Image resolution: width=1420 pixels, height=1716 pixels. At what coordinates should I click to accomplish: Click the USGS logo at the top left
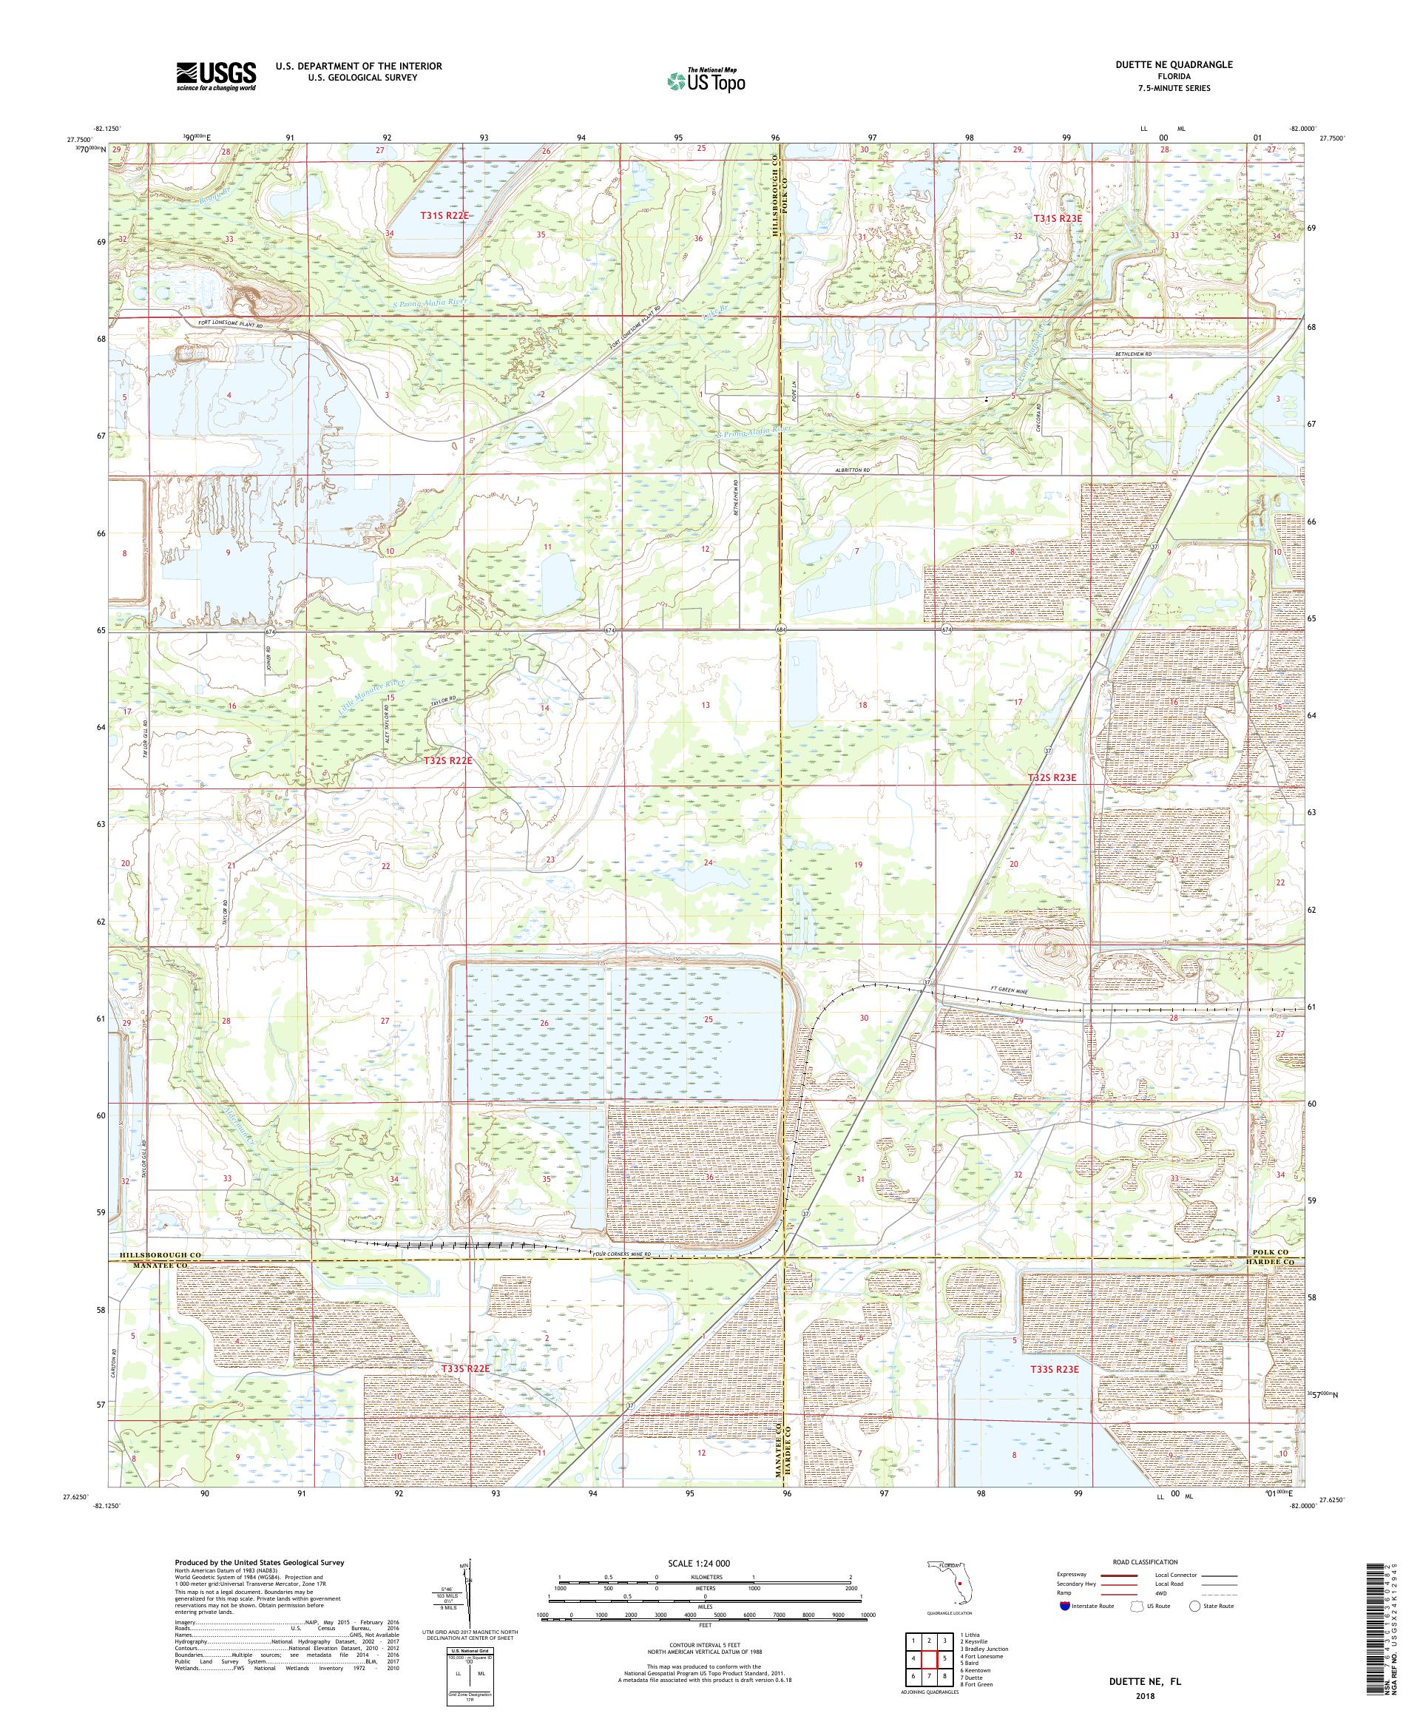coord(216,77)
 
